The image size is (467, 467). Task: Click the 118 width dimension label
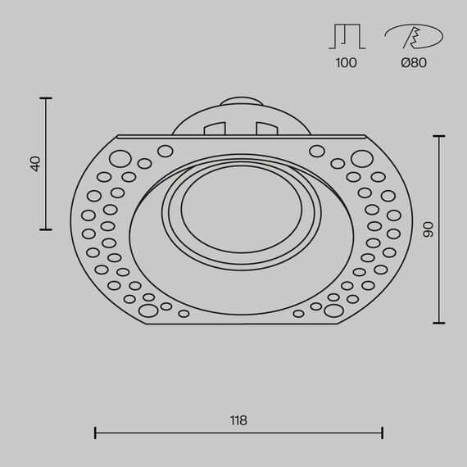(238, 420)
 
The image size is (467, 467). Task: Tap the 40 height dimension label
(35, 164)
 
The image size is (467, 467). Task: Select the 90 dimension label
(427, 229)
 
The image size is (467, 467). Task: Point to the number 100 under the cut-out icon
(346, 63)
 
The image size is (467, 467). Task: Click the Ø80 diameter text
(414, 63)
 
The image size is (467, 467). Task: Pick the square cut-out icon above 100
(346, 37)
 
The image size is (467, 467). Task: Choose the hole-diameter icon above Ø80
(413, 37)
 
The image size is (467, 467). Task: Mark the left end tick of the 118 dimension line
(96, 433)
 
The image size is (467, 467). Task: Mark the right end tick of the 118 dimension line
(383, 433)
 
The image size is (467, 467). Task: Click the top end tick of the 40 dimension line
(46, 99)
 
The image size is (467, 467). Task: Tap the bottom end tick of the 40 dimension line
(46, 229)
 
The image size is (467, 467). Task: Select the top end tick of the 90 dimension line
(440, 136)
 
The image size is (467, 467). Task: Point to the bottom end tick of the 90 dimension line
(440, 323)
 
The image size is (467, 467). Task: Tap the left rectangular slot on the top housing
(215, 129)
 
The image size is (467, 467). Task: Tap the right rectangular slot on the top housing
(267, 129)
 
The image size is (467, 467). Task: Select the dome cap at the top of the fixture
(241, 103)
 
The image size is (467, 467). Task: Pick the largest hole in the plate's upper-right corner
(360, 158)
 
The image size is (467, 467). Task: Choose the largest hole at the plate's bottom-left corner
(148, 311)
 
